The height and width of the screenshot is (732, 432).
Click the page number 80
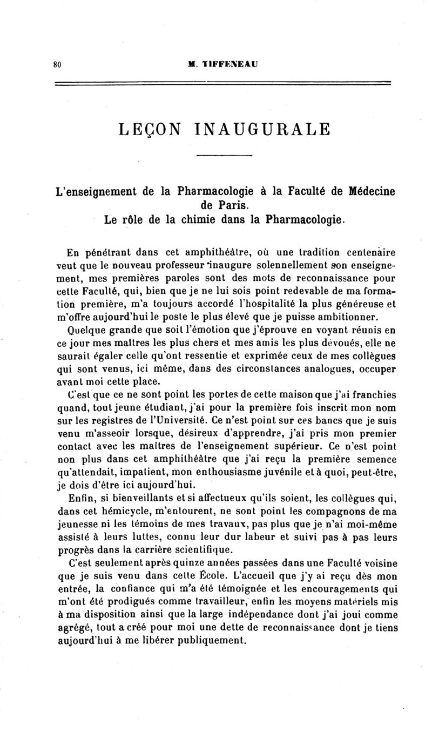(x=57, y=64)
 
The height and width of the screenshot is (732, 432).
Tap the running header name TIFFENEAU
(x=227, y=64)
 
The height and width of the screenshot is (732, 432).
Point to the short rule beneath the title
(x=224, y=156)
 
